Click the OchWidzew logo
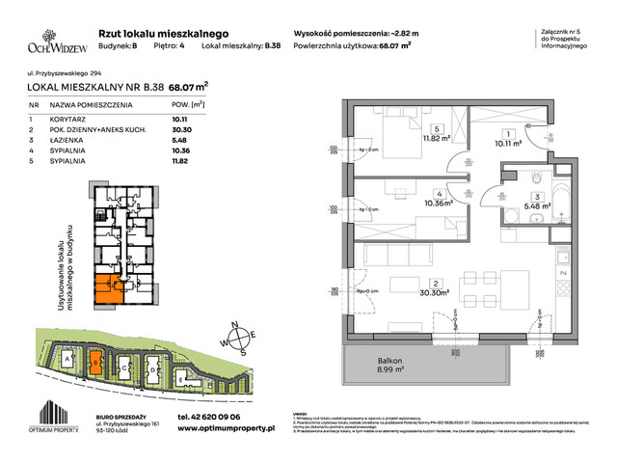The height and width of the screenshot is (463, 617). point(57,43)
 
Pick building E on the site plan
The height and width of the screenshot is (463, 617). point(182,382)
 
